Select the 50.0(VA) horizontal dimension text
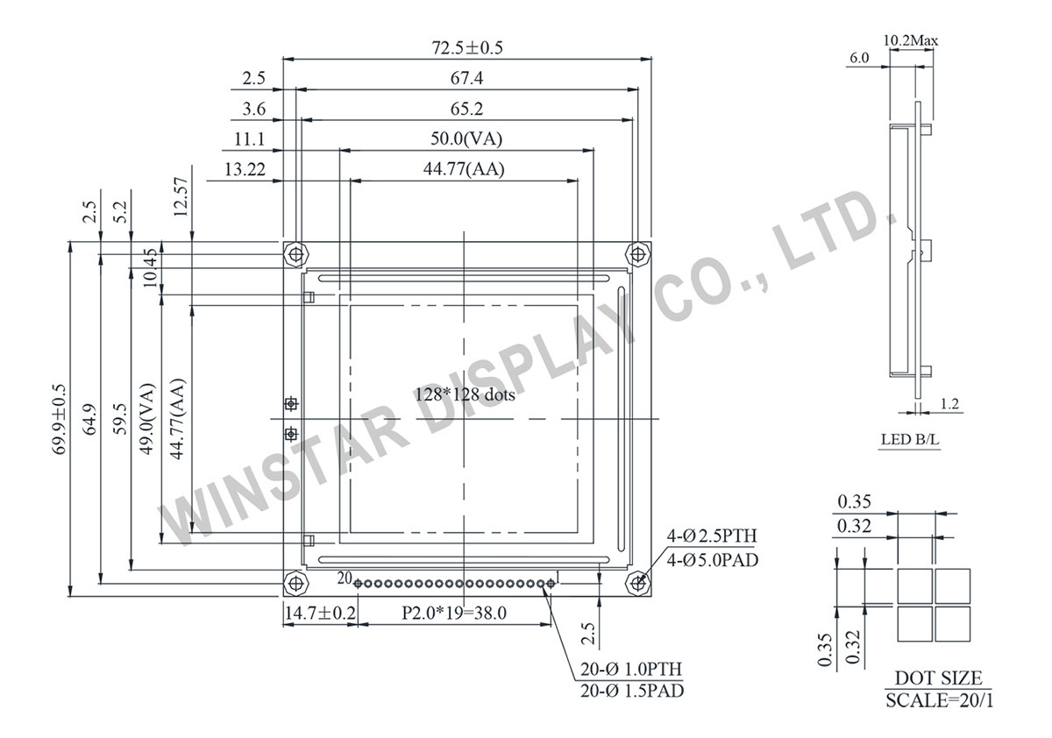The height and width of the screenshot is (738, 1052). [x=466, y=138]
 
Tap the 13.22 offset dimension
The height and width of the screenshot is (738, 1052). [x=245, y=169]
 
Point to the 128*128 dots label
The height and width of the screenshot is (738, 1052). [x=465, y=394]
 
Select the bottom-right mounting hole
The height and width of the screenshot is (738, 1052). [x=637, y=582]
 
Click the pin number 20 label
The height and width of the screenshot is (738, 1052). [x=344, y=578]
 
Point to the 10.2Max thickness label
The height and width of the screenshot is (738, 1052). [x=912, y=39]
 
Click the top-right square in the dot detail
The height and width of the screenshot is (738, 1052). [x=953, y=585]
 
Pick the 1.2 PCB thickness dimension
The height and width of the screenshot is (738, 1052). [x=949, y=404]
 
